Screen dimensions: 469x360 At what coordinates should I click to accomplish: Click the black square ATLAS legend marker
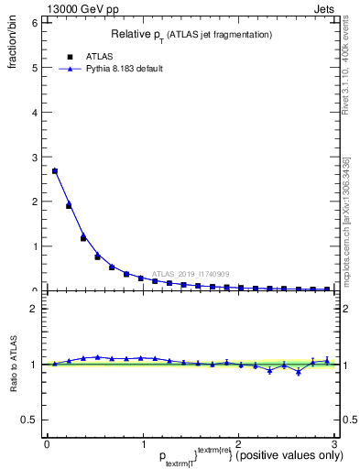(x=70, y=56)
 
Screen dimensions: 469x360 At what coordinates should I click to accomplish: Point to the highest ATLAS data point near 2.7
(x=55, y=170)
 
